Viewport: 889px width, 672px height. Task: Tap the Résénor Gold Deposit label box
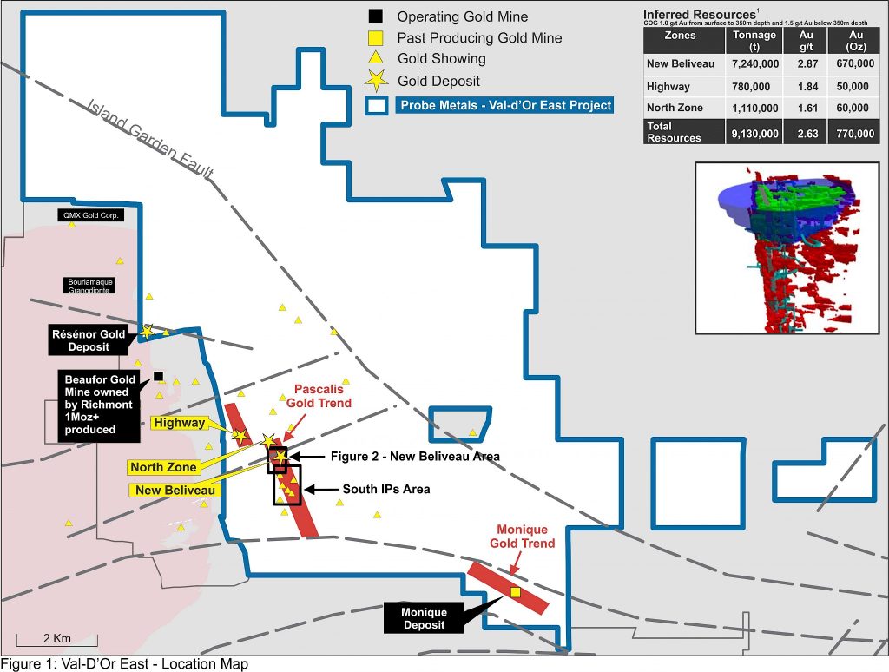(x=89, y=340)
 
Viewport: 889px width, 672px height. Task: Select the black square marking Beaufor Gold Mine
(x=158, y=375)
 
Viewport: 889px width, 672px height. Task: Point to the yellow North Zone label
(x=164, y=468)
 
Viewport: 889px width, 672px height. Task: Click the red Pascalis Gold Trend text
(x=322, y=397)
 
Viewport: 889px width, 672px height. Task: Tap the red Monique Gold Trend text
(x=525, y=537)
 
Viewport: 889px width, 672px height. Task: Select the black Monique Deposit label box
(x=424, y=618)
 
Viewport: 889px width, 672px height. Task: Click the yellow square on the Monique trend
(x=515, y=592)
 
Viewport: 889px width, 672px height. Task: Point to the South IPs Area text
(x=386, y=490)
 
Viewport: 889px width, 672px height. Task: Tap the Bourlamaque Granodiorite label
(x=90, y=287)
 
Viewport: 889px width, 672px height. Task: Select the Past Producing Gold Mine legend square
(x=375, y=38)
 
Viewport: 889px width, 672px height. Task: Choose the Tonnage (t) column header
(x=754, y=41)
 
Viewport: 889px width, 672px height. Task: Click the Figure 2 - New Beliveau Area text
(x=415, y=456)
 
